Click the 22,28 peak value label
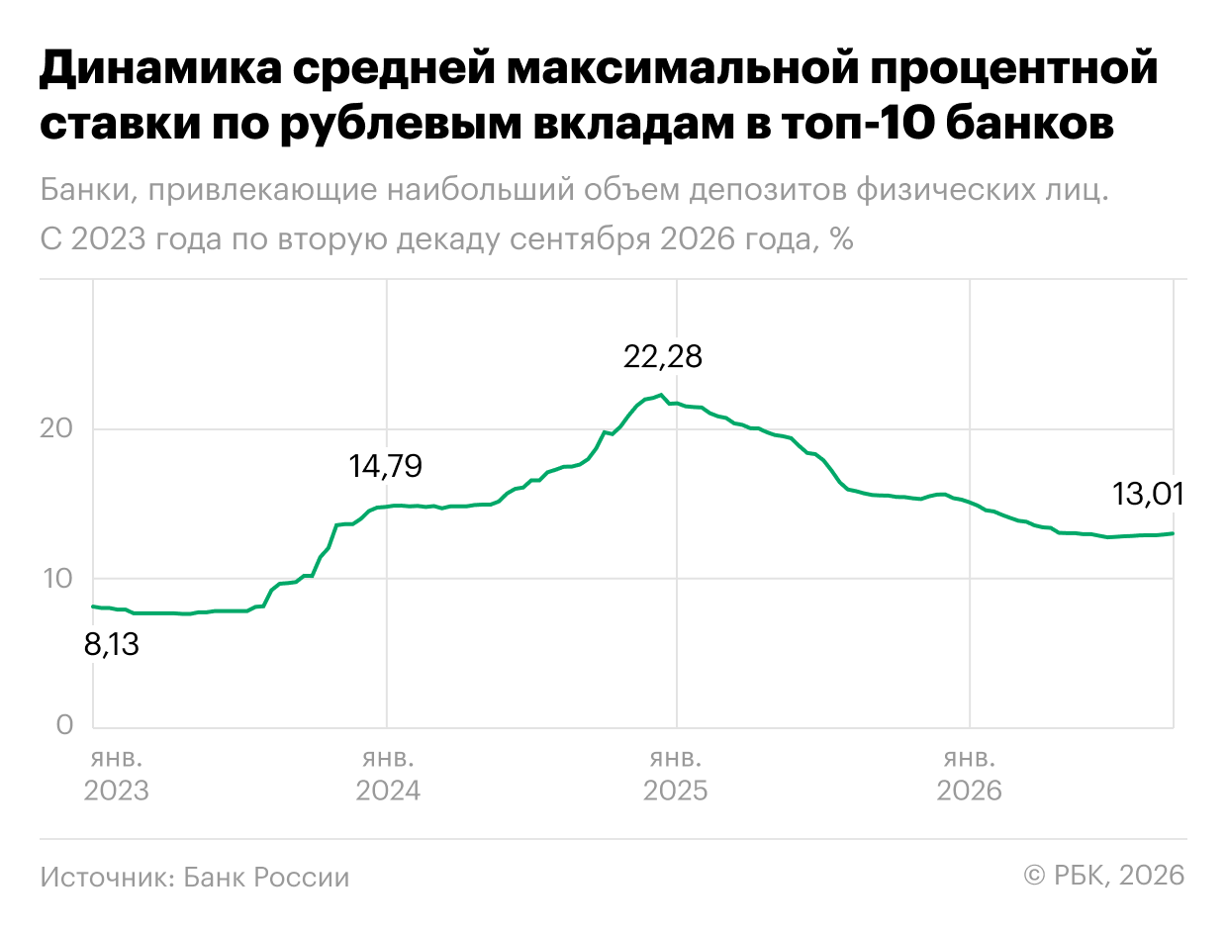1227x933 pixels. click(x=662, y=356)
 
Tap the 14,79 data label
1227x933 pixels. click(x=385, y=466)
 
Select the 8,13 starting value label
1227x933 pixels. click(x=111, y=644)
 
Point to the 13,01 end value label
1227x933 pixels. click(x=1148, y=494)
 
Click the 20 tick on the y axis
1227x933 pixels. click(x=55, y=428)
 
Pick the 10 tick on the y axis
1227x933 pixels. click(x=57, y=578)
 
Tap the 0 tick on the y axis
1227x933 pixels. click(x=65, y=725)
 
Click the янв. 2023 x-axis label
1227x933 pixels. click(x=117, y=775)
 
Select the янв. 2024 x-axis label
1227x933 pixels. click(x=388, y=775)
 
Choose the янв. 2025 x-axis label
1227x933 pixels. click(x=675, y=775)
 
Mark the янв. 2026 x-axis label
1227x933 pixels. click(x=970, y=775)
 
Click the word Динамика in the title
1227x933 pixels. click(x=161, y=68)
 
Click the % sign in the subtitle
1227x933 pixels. click(x=841, y=239)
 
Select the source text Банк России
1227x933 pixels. click(x=266, y=877)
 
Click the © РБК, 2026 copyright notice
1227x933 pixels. click(x=1104, y=875)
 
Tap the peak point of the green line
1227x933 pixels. click(x=661, y=395)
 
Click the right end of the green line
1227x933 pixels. click(x=1173, y=533)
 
